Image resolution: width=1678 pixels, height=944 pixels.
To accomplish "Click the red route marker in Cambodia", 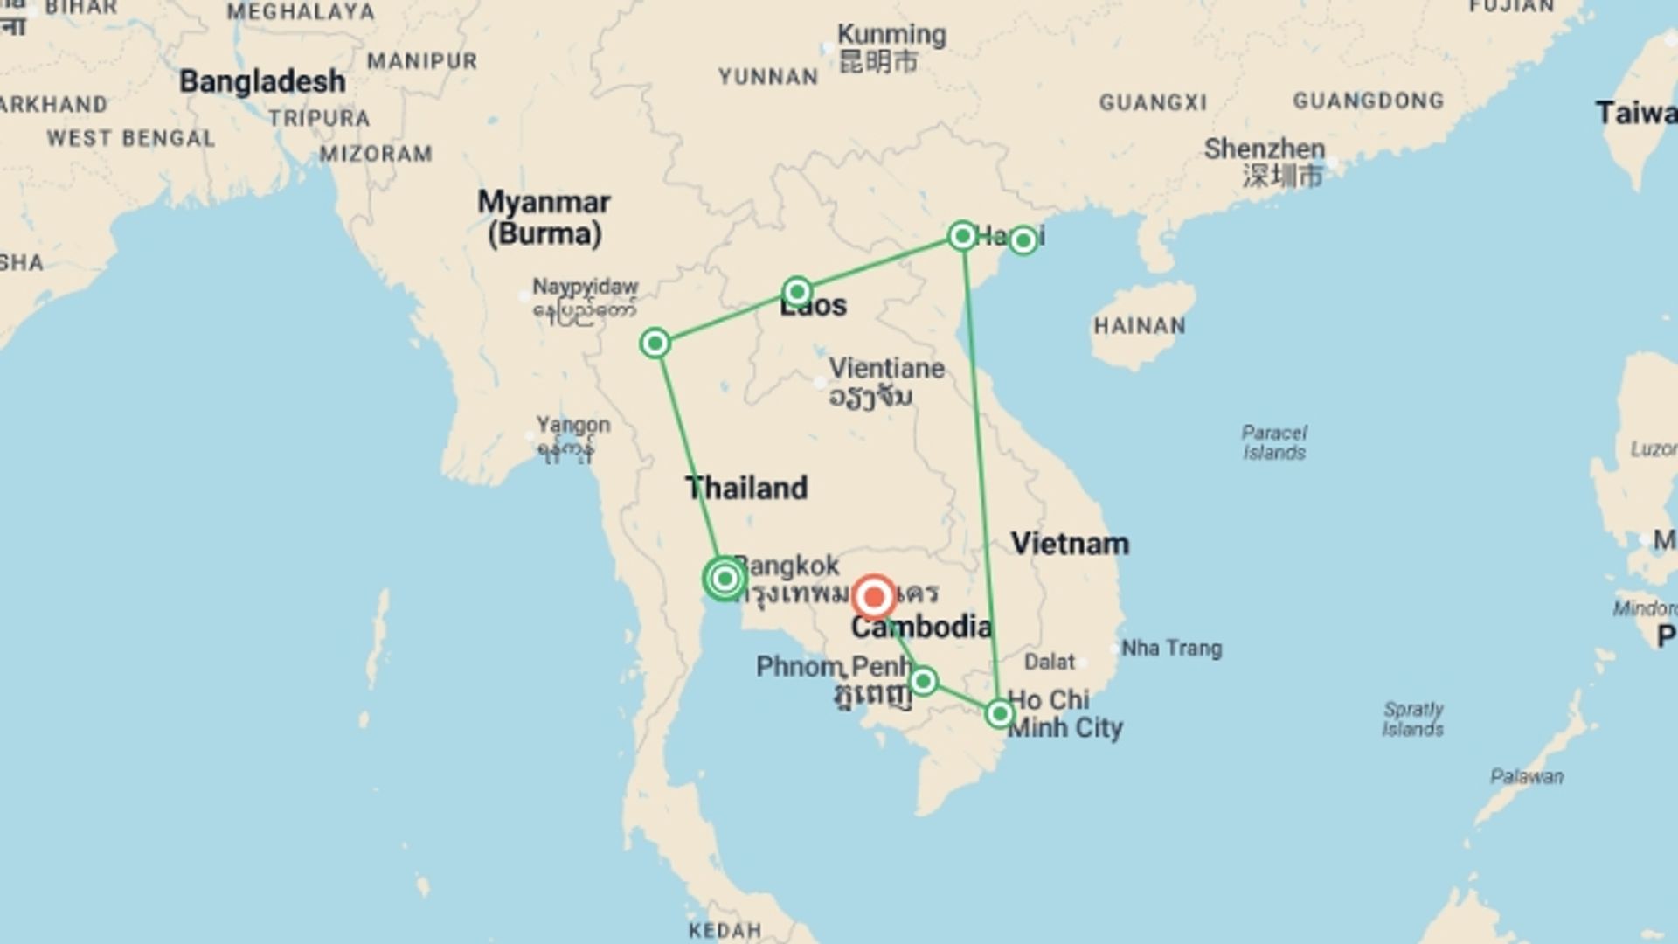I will tap(873, 598).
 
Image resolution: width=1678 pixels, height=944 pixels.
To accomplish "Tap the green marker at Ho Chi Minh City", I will tap(1000, 714).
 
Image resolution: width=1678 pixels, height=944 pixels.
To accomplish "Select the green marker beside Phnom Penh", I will tap(923, 681).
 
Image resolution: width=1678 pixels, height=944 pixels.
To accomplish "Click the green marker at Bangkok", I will tap(725, 578).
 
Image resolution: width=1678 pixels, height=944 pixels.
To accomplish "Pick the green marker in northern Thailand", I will tap(655, 344).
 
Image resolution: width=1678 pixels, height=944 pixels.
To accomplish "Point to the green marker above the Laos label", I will tap(797, 291).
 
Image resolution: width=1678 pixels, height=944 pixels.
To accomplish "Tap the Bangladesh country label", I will tap(262, 81).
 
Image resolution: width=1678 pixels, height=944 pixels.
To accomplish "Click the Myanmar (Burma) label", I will tap(544, 218).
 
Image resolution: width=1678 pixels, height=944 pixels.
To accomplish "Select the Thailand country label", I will tap(746, 488).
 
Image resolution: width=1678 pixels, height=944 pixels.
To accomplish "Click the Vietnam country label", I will tap(1070, 544).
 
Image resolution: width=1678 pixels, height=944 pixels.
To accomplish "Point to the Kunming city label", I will tap(891, 35).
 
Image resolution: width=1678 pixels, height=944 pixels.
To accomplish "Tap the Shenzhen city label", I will tap(1265, 149).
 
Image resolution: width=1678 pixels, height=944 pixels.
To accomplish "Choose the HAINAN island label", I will tap(1140, 326).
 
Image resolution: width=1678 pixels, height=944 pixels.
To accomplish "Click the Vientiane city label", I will tap(886, 368).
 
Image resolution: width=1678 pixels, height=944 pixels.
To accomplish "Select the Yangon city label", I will tap(573, 426).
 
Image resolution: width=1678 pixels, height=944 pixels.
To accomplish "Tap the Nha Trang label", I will tap(1171, 649).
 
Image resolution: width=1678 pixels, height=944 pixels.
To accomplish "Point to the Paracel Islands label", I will tap(1274, 442).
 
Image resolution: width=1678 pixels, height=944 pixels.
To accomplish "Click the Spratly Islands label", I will tap(1413, 718).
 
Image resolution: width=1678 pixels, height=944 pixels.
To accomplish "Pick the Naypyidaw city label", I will tap(586, 287).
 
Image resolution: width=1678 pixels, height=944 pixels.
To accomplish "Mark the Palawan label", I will tap(1527, 776).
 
